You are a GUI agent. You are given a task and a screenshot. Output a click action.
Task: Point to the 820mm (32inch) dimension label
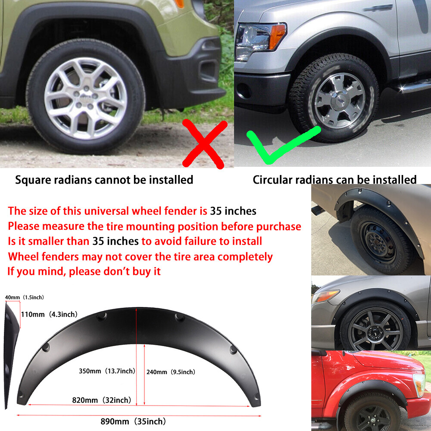pos(102,400)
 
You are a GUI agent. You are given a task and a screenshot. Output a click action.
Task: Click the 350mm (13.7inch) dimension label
pos(107,371)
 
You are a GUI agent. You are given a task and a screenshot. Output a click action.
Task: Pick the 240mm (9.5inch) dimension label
pos(171,372)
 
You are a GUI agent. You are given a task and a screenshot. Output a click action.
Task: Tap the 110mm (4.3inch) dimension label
pos(49,314)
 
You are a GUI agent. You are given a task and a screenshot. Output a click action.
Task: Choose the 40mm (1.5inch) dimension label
pos(24,297)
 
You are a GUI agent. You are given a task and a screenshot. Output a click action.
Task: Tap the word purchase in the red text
pos(278,226)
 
